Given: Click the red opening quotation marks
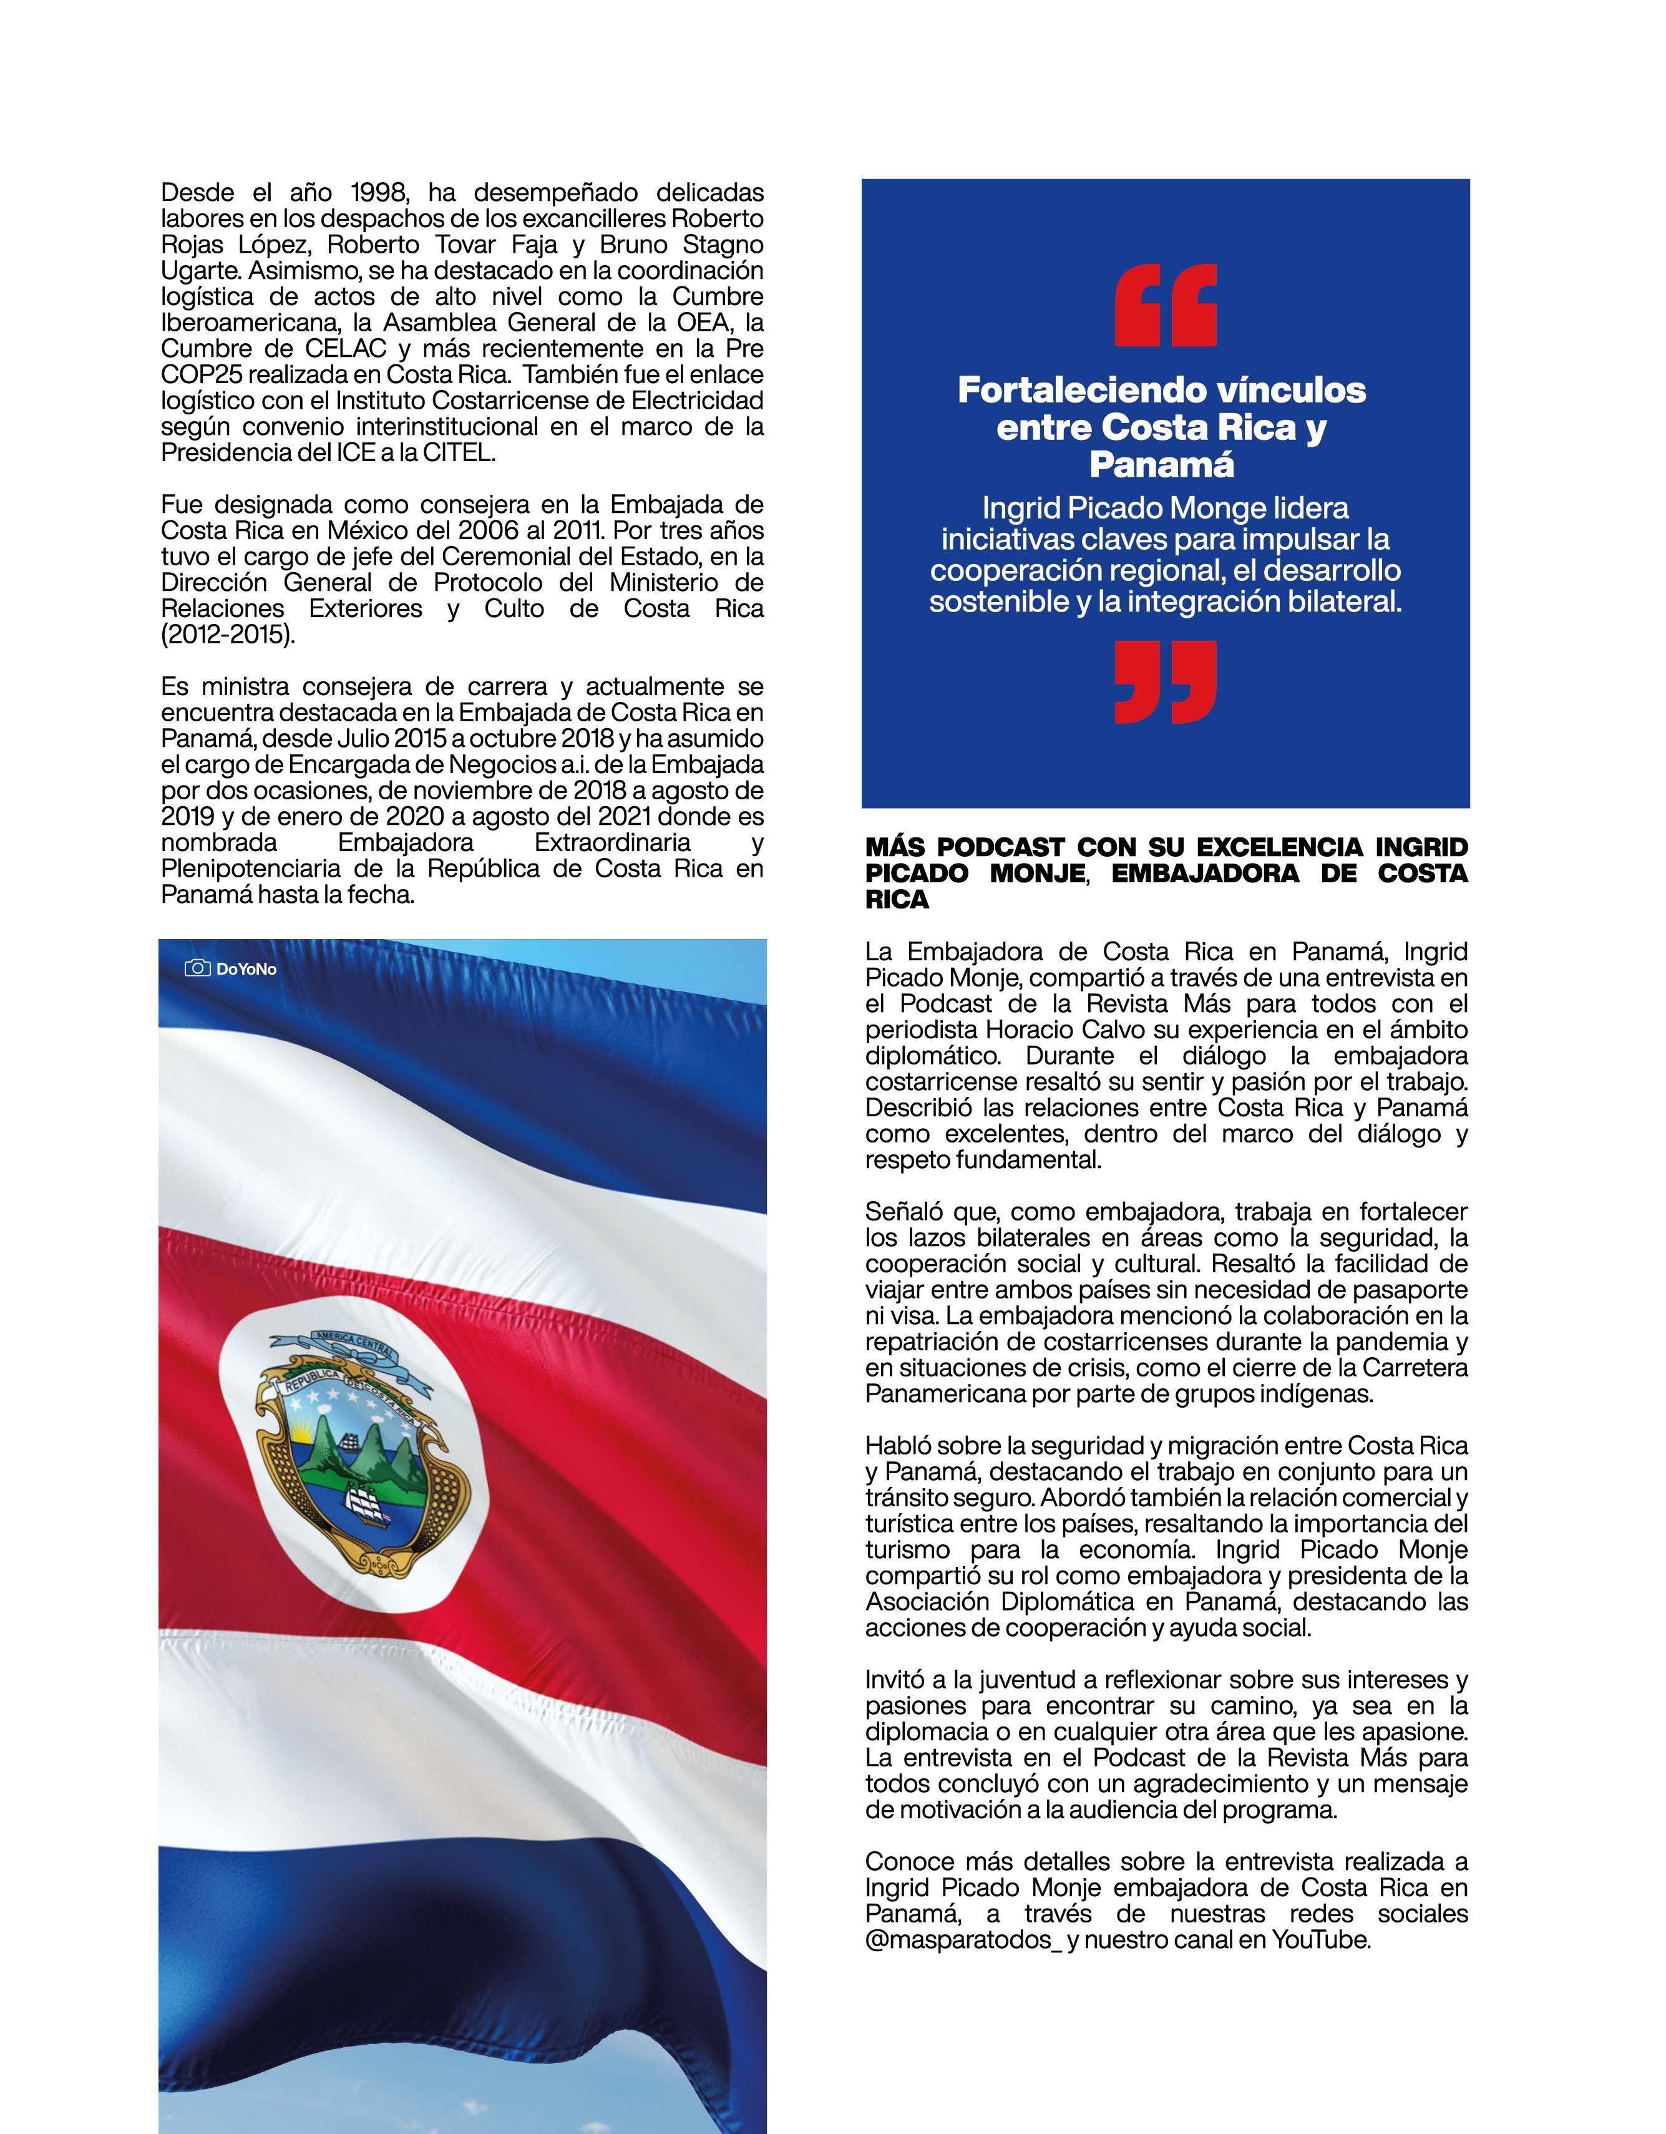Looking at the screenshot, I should pos(1165,305).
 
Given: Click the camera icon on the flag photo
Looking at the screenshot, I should pos(197,968).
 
